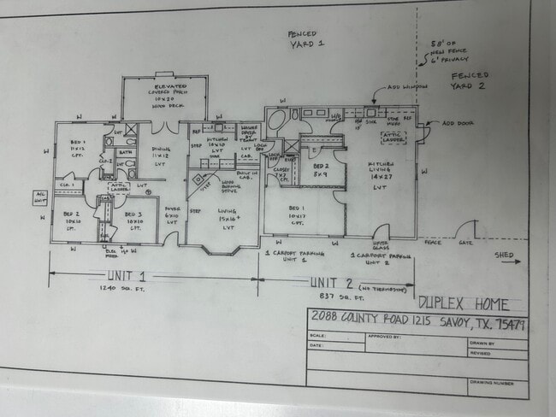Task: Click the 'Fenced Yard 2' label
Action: (x=470, y=81)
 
